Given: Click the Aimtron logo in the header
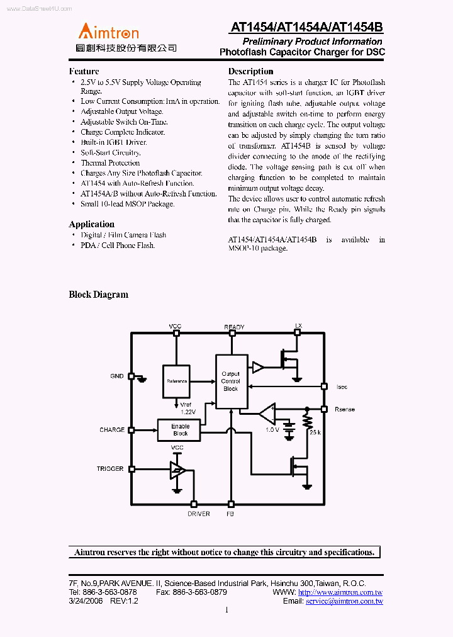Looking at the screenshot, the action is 108,31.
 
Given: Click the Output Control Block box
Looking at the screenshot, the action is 231,381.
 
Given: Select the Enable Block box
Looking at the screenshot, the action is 181,430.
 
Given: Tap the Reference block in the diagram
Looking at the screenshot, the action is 177,381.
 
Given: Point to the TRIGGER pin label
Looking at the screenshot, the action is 110,469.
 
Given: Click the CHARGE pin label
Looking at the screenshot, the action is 112,430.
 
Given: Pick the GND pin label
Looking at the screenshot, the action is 117,376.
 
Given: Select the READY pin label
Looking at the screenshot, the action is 234,327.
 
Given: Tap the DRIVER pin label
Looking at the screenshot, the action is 199,514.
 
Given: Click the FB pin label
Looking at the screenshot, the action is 230,514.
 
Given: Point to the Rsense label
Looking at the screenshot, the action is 345,410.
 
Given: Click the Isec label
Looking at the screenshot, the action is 342,386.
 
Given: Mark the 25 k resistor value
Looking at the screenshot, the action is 315,432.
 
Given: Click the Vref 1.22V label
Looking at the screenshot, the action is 188,408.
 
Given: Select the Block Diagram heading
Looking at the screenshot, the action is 98,295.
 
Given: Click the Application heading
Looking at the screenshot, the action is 91,224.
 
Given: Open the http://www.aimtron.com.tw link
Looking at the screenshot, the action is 340,592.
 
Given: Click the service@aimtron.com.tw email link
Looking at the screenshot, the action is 344,601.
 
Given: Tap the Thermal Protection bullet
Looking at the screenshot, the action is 110,163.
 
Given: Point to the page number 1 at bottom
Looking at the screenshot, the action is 226,609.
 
